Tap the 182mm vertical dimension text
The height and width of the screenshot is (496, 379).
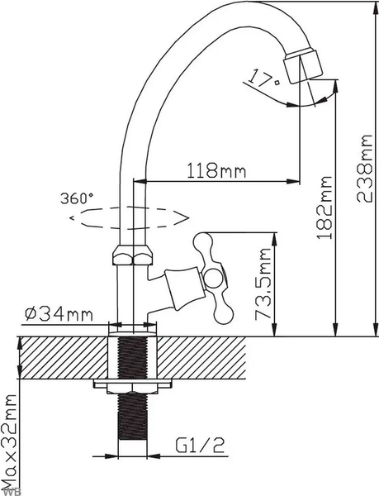coord(325,206)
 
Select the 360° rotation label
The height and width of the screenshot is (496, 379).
coord(77,198)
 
